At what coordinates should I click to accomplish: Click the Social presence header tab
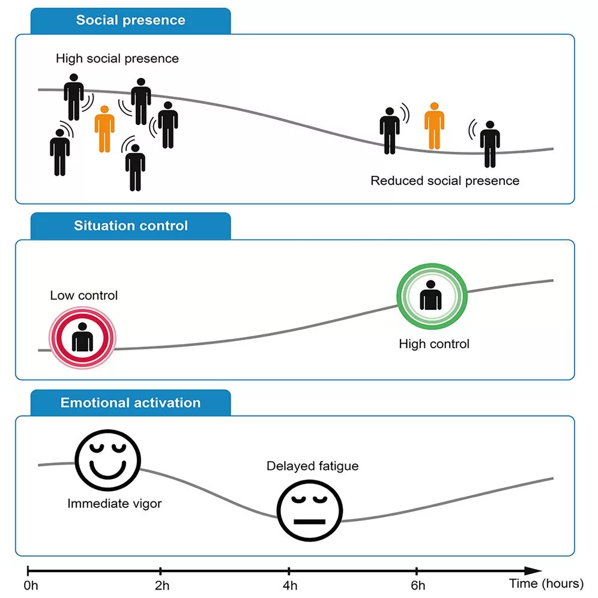point(130,20)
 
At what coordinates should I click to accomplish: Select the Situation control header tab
point(130,226)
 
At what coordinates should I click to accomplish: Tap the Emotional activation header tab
point(130,402)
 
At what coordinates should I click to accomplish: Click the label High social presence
point(117,59)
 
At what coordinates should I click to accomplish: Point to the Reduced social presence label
point(445,180)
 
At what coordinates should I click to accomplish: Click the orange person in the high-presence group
point(104,129)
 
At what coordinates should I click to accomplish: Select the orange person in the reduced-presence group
point(434,126)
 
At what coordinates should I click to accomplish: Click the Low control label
point(83,295)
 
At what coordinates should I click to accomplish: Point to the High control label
point(434,344)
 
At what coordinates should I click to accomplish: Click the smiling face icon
point(107,459)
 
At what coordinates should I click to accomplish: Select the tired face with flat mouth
point(309,510)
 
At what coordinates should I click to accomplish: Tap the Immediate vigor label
point(114,504)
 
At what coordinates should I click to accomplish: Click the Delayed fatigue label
point(312,466)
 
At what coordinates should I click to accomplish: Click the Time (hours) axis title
point(546,583)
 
